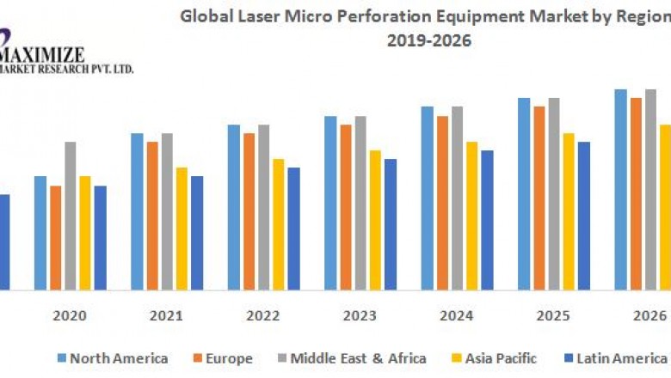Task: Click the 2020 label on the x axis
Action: pyautogui.click(x=70, y=315)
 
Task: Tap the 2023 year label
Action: pyautogui.click(x=360, y=315)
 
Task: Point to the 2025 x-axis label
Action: pyautogui.click(x=553, y=315)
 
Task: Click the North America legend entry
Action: pyautogui.click(x=112, y=358)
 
